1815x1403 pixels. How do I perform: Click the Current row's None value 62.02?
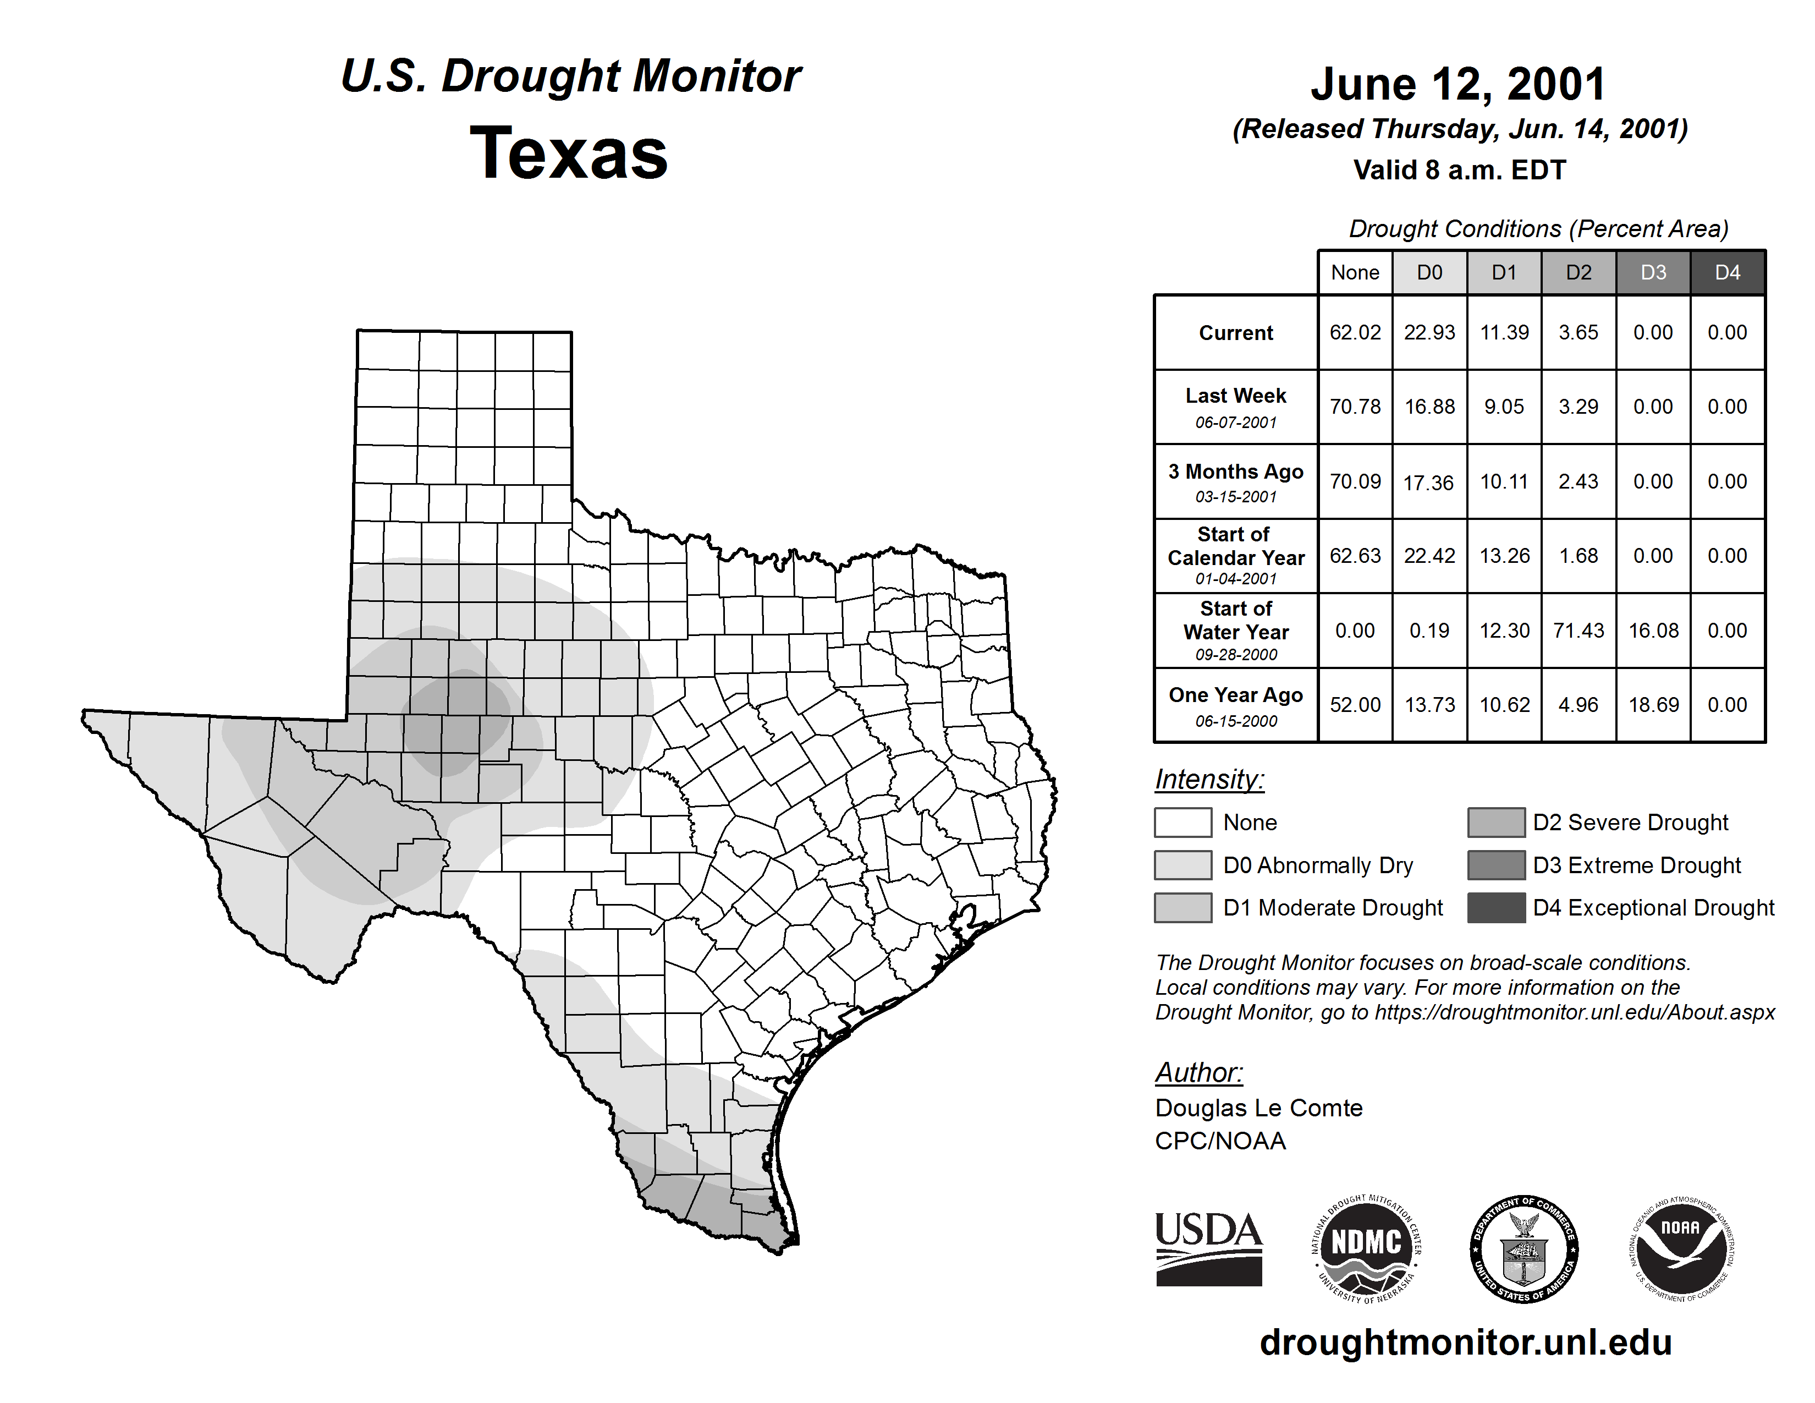(1355, 332)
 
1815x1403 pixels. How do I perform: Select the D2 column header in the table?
(1578, 272)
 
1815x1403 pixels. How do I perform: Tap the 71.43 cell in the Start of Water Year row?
(1578, 631)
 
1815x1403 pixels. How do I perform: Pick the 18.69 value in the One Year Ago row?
(1653, 705)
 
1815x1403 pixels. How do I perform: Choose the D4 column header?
(1727, 272)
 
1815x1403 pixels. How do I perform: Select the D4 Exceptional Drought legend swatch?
(1496, 908)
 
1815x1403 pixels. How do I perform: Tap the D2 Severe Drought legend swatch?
(1496, 822)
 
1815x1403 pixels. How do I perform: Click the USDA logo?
(1208, 1248)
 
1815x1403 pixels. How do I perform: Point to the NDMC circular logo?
(1366, 1248)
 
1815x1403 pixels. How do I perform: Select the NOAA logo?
(1680, 1248)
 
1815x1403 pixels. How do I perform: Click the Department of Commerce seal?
(1524, 1248)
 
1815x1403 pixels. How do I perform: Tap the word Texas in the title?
(569, 153)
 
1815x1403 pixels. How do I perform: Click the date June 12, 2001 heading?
(1459, 84)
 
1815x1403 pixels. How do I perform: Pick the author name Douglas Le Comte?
(1258, 1108)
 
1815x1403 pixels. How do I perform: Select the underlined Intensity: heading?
(1209, 780)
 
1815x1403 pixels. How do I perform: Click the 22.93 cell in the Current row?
(1429, 332)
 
